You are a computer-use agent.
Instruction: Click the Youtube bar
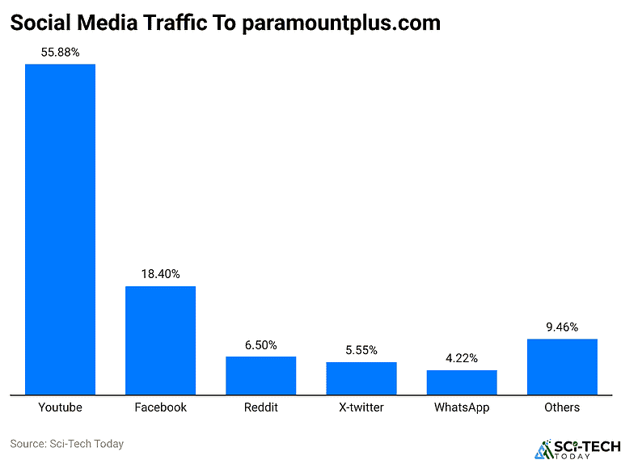coord(60,229)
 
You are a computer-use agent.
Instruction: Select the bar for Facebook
coord(160,340)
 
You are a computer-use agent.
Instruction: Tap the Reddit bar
coord(260,375)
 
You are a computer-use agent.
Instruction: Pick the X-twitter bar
coord(361,378)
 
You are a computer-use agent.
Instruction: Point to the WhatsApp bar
coord(462,382)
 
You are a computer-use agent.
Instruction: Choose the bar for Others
coord(562,366)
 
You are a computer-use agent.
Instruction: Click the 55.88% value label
coord(60,53)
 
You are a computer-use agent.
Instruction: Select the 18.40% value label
coord(160,275)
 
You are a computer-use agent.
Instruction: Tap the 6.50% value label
coord(260,345)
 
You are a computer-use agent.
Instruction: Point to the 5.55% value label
coord(361,351)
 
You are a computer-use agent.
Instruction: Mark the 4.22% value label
coord(462,359)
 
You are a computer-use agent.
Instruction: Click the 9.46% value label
coord(562,327)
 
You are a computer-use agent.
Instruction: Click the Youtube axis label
coord(60,407)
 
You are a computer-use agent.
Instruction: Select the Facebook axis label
coord(160,407)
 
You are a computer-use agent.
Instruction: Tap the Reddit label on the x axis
coord(260,407)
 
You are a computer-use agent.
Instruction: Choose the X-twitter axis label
coord(361,407)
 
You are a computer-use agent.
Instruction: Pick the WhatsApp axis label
coord(462,407)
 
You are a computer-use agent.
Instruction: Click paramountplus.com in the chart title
coord(341,23)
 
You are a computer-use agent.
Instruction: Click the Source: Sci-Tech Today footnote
coord(66,444)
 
